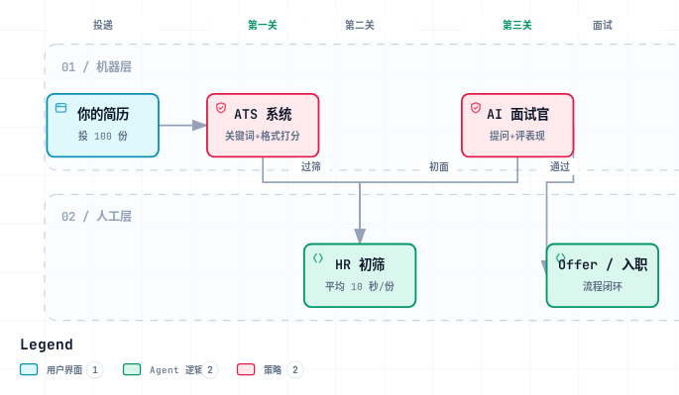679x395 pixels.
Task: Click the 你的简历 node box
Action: pyautogui.click(x=103, y=126)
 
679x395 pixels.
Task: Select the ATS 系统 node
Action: pyautogui.click(x=263, y=126)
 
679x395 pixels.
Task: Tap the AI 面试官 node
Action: pyautogui.click(x=517, y=126)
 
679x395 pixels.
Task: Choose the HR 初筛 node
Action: pyautogui.click(x=360, y=275)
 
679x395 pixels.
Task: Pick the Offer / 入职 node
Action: pyautogui.click(x=603, y=275)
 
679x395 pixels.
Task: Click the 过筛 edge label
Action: pyautogui.click(x=311, y=166)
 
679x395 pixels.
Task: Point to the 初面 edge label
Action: pyautogui.click(x=439, y=166)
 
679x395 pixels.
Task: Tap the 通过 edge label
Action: pyautogui.click(x=559, y=166)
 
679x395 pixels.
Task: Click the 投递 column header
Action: pyautogui.click(x=103, y=25)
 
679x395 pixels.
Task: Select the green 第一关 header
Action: pyautogui.click(x=263, y=25)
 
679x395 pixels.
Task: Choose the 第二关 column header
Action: pyautogui.click(x=360, y=25)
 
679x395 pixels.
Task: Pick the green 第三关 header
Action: pyautogui.click(x=517, y=25)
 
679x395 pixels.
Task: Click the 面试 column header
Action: pyautogui.click(x=603, y=25)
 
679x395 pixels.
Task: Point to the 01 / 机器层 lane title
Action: pyautogui.click(x=96, y=67)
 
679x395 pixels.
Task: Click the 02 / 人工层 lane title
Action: pyautogui.click(x=96, y=217)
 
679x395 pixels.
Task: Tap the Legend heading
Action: pyautogui.click(x=47, y=345)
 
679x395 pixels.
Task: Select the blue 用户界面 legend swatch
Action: pyautogui.click(x=29, y=369)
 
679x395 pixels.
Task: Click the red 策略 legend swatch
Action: pyautogui.click(x=246, y=369)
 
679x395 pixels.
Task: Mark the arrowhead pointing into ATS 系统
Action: pyautogui.click(x=199, y=126)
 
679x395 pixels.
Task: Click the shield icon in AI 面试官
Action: pyautogui.click(x=476, y=107)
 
